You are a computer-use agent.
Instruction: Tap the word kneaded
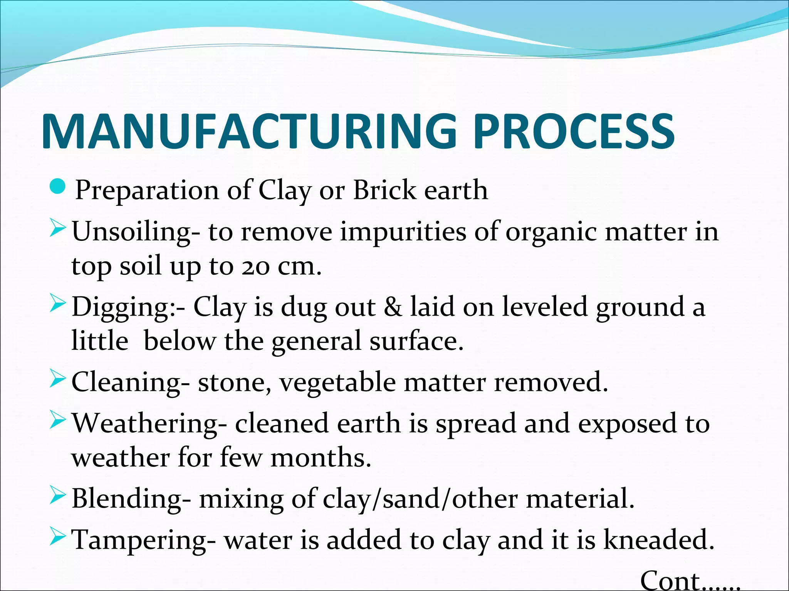point(658,539)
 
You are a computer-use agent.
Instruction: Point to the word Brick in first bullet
point(384,190)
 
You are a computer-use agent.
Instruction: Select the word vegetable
point(337,382)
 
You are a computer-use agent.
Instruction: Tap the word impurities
point(403,232)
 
